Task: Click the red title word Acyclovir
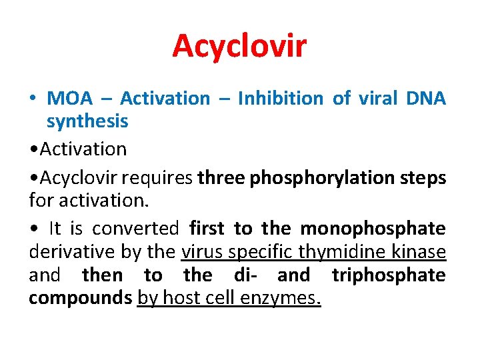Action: click(239, 46)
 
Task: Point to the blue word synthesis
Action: click(87, 121)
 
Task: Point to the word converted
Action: click(135, 229)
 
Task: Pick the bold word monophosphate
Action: click(373, 229)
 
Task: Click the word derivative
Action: click(67, 252)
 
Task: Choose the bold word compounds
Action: click(80, 298)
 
